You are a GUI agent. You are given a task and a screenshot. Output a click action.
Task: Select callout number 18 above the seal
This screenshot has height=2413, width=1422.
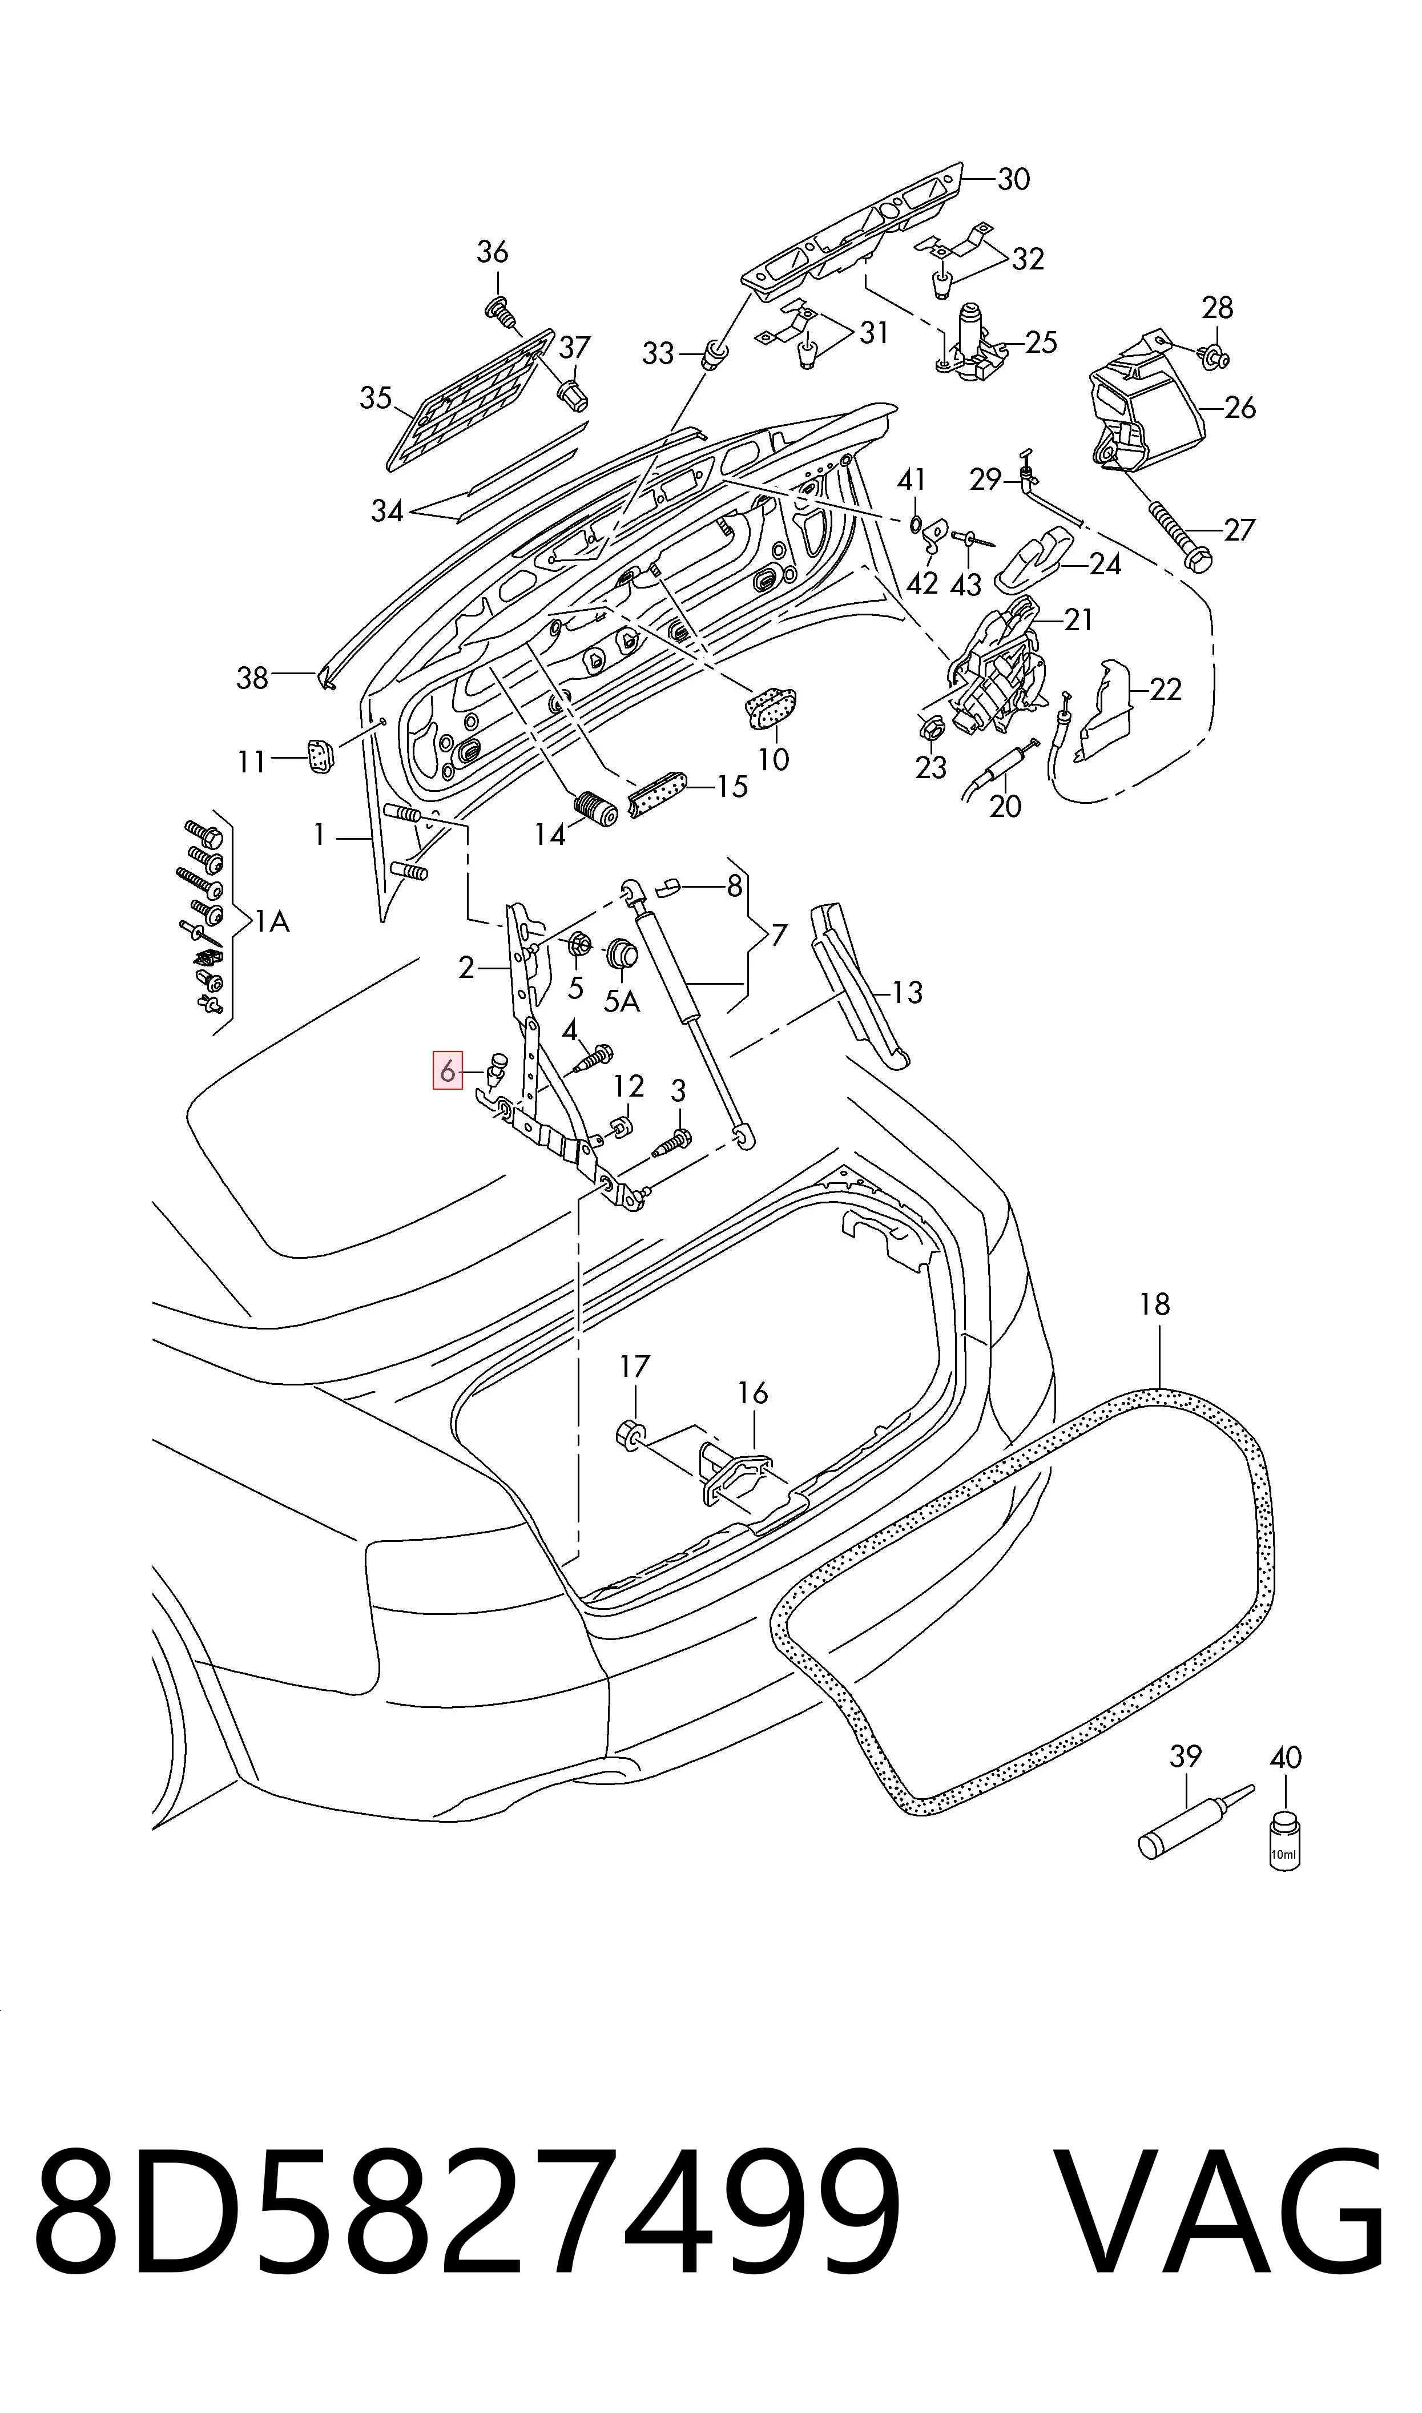click(x=1155, y=1304)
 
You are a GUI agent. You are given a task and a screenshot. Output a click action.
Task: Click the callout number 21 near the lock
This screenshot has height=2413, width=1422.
click(x=1079, y=620)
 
